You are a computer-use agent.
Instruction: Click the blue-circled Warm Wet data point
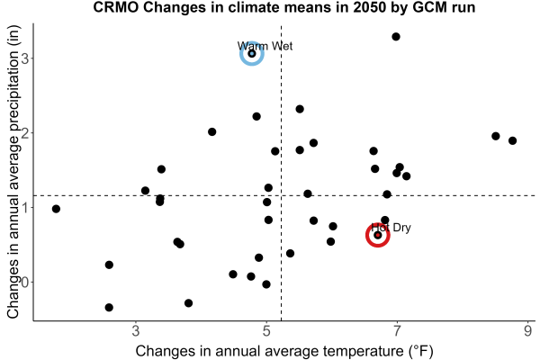(x=252, y=54)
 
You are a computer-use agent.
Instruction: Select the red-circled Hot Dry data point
(x=378, y=235)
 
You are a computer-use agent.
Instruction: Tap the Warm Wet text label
(x=265, y=46)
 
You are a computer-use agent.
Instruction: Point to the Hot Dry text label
(x=391, y=228)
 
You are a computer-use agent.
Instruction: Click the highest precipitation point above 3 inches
(x=396, y=37)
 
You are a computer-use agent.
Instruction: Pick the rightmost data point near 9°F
(x=512, y=140)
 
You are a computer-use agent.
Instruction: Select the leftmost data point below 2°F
(x=56, y=209)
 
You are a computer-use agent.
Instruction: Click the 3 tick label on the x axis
(x=136, y=331)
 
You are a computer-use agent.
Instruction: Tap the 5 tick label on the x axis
(x=266, y=331)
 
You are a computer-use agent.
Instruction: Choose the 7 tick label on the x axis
(x=397, y=331)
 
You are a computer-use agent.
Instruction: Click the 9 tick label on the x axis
(x=527, y=331)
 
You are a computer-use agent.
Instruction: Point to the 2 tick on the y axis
(x=25, y=133)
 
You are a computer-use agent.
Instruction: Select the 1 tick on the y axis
(x=25, y=207)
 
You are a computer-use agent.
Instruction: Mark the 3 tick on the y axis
(x=25, y=58)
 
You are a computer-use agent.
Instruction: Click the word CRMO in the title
(x=116, y=7)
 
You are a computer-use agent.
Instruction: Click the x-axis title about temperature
(x=284, y=351)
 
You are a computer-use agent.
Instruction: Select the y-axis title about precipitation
(x=13, y=172)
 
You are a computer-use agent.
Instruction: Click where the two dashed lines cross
(x=282, y=195)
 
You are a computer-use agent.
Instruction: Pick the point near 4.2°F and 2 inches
(x=212, y=131)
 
